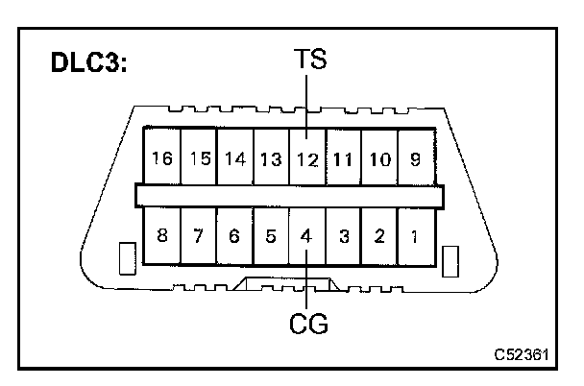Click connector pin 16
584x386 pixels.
[x=161, y=157]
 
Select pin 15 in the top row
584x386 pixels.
[x=199, y=157]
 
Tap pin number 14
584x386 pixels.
[x=235, y=157]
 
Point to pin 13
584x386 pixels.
[x=272, y=157]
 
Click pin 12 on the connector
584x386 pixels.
[x=307, y=157]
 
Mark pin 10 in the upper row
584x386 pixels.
[x=379, y=157]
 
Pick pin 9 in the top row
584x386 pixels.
[x=414, y=157]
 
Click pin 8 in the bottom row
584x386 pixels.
[x=161, y=235]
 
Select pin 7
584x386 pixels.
[x=199, y=235]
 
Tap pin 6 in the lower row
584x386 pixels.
[x=235, y=235]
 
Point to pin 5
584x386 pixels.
[x=272, y=235]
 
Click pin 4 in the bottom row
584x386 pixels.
[x=307, y=235]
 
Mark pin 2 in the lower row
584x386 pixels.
[x=379, y=235]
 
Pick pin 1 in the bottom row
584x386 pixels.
[x=414, y=235]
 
